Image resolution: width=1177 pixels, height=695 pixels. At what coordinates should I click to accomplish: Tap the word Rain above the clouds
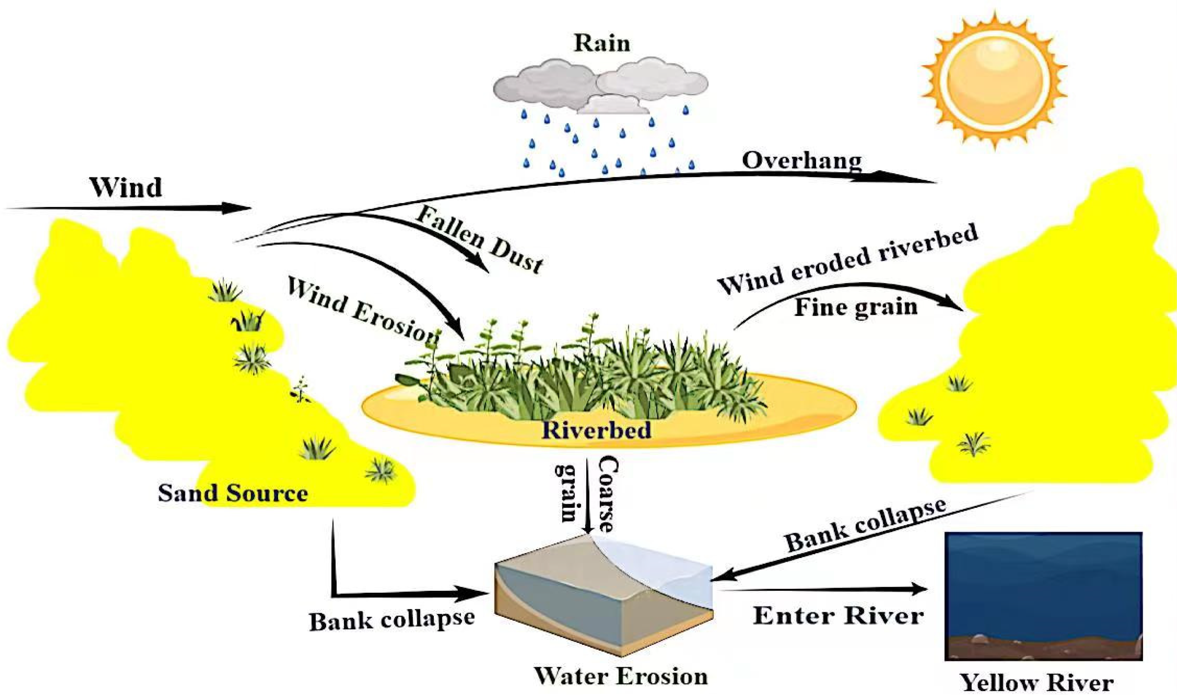[602, 43]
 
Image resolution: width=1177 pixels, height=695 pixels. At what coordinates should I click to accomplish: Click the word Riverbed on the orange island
[596, 430]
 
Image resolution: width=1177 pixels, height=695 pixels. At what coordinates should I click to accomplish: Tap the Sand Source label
[233, 493]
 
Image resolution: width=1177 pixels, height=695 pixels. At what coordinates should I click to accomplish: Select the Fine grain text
[856, 307]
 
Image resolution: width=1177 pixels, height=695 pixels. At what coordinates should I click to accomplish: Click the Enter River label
[838, 616]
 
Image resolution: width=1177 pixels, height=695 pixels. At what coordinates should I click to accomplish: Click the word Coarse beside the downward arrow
[608, 495]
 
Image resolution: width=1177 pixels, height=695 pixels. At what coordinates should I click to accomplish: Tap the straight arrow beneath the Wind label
[129, 208]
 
